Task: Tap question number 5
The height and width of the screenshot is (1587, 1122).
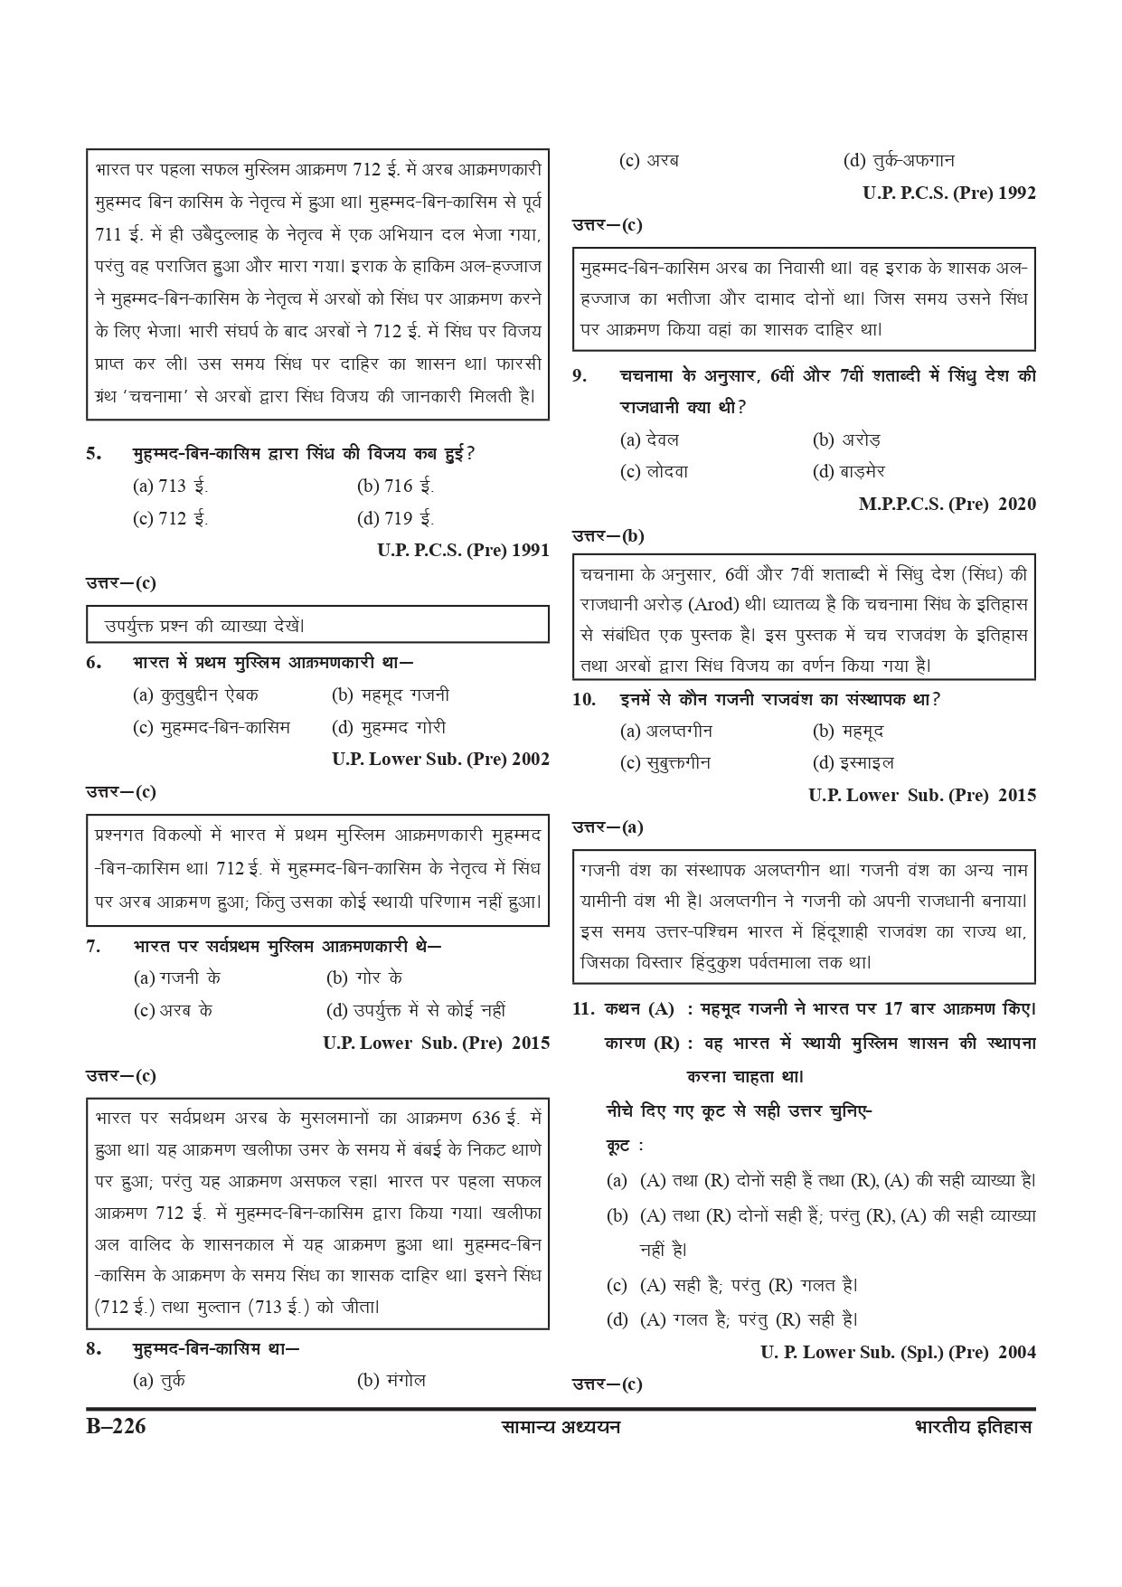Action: coord(94,453)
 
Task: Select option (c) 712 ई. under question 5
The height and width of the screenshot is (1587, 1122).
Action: coord(170,518)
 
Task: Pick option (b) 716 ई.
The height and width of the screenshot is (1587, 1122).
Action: coord(395,486)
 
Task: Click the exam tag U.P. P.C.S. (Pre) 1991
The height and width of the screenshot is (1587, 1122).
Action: coord(463,550)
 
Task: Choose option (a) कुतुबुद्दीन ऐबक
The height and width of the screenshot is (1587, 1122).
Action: coord(195,694)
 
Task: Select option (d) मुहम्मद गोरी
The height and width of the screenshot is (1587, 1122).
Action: coord(389,727)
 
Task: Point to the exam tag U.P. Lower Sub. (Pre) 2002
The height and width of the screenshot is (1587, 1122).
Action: coord(440,760)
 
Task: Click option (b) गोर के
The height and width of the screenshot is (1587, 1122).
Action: coord(364,977)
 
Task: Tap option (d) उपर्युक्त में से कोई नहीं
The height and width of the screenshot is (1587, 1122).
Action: coord(416,1009)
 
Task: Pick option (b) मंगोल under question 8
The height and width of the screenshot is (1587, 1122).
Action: coord(391,1380)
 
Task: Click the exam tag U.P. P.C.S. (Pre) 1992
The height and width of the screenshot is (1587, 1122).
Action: coord(949,193)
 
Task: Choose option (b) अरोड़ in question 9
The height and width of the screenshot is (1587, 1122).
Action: coord(846,439)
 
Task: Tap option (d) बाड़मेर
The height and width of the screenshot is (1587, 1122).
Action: coord(849,471)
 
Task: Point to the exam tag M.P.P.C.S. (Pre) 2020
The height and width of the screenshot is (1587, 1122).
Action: coord(947,504)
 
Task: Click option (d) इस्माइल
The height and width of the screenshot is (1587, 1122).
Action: coord(853,762)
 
